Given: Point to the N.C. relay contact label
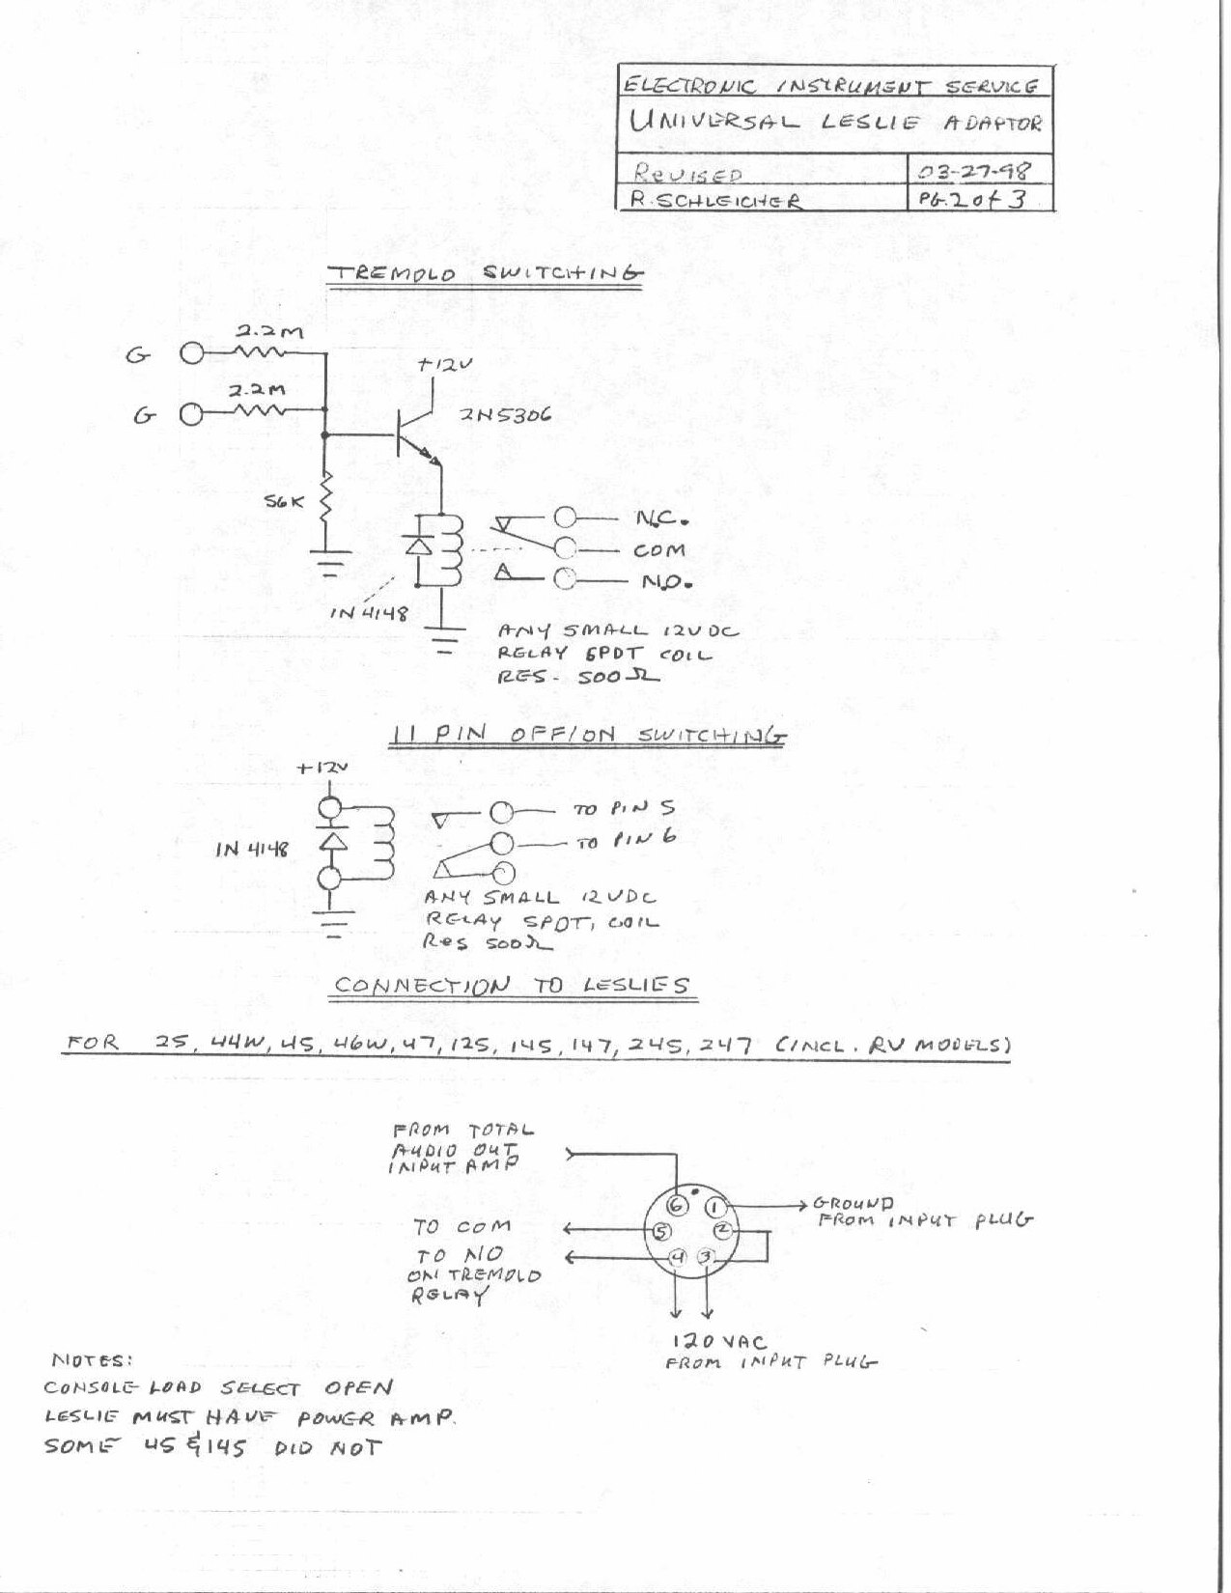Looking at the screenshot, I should tap(661, 520).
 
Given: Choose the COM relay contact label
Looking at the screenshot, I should tap(659, 551).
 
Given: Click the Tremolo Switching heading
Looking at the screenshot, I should tap(485, 274).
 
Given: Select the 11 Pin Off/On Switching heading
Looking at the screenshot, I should tap(588, 736).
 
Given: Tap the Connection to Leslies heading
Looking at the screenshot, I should tap(511, 986).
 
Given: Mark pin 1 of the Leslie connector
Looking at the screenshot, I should tap(713, 1207).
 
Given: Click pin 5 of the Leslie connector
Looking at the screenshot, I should tap(660, 1231).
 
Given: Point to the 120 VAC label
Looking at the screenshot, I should tap(719, 1342).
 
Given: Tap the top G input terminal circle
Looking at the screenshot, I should tap(191, 353).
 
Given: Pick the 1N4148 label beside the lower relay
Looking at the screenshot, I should tap(251, 850).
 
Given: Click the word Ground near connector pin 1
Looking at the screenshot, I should tap(853, 1203).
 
